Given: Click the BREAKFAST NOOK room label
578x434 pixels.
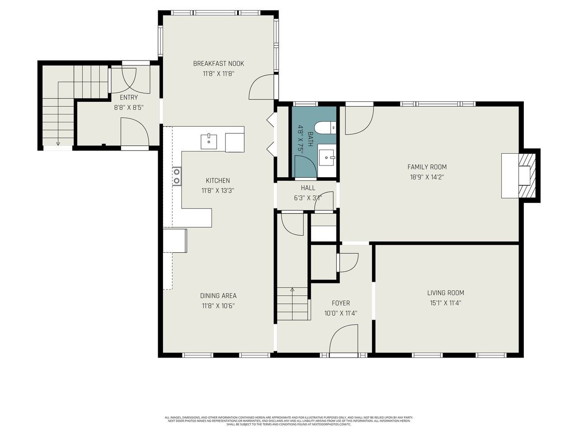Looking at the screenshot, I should point(219,64).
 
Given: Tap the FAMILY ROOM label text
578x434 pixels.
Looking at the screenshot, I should point(427,167).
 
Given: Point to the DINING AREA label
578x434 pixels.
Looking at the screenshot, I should point(218,296).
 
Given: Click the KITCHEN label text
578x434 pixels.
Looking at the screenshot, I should point(218,181).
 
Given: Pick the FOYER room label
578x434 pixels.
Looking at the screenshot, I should point(340,303).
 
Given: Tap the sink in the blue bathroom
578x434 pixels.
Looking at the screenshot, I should point(326,157).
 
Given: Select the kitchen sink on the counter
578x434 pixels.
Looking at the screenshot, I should point(209,141).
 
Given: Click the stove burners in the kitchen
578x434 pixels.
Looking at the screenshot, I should point(177,176).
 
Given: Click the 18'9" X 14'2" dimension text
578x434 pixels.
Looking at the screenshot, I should point(427,178).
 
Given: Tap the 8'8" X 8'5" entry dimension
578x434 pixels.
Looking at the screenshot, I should point(129,108).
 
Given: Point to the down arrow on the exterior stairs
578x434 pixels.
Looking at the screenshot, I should point(58,143).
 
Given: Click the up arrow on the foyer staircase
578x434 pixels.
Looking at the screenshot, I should point(292,289).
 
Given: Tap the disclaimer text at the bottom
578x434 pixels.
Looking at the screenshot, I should point(289,421).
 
